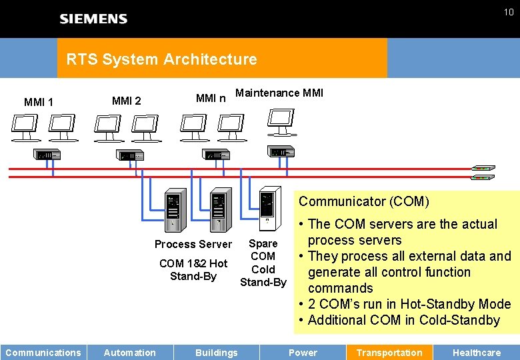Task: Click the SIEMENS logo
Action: pyautogui.click(x=93, y=19)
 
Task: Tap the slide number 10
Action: pyautogui.click(x=508, y=12)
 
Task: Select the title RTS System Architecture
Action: pyautogui.click(x=161, y=59)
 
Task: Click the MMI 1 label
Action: pyautogui.click(x=39, y=102)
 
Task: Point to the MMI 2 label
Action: pyautogui.click(x=127, y=101)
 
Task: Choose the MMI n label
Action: pyautogui.click(x=211, y=99)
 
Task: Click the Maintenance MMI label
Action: pyautogui.click(x=279, y=93)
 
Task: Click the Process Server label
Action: pyautogui.click(x=193, y=244)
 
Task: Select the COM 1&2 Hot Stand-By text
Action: pyautogui.click(x=193, y=269)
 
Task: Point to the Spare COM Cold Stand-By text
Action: pyautogui.click(x=263, y=263)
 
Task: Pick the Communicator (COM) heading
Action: pyautogui.click(x=364, y=201)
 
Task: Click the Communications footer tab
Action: pyautogui.click(x=43, y=353)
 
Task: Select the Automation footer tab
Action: pyautogui.click(x=130, y=353)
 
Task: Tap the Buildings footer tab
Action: pyautogui.click(x=217, y=353)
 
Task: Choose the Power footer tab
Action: pyautogui.click(x=303, y=353)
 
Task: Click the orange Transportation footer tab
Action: pyautogui.click(x=389, y=353)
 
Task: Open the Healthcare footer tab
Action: pyautogui.click(x=477, y=353)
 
